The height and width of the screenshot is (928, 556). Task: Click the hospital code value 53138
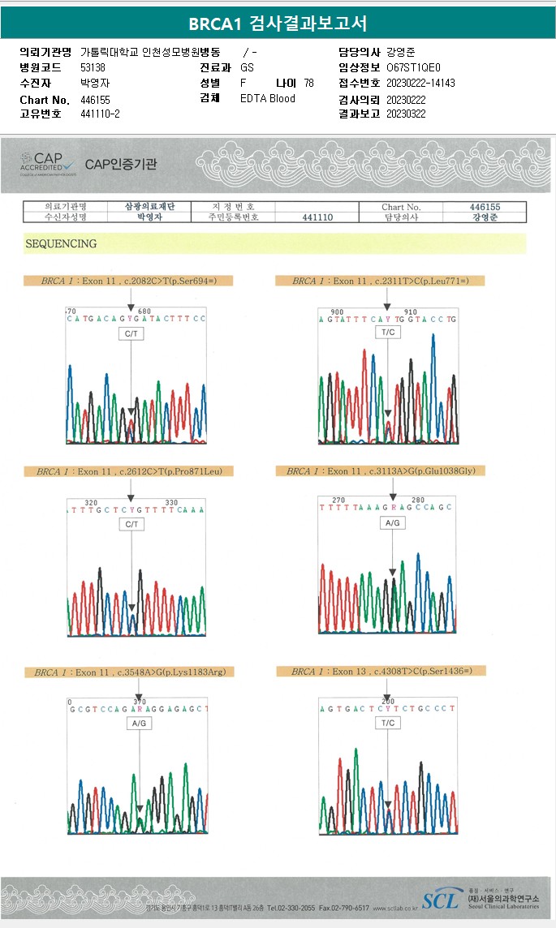tap(93, 67)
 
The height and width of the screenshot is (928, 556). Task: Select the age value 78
tap(308, 84)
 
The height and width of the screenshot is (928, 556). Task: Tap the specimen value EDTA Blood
tap(268, 99)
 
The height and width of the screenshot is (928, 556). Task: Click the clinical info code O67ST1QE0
tap(414, 67)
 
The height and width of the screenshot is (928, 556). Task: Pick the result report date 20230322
tap(406, 114)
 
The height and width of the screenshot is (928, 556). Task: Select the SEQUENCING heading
tap(61, 243)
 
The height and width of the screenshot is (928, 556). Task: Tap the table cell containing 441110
tap(317, 217)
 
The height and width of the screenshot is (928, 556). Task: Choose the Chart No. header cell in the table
tap(401, 207)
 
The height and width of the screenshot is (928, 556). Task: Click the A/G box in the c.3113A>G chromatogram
tap(393, 523)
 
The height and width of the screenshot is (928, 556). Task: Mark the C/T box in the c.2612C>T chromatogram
tap(131, 525)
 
